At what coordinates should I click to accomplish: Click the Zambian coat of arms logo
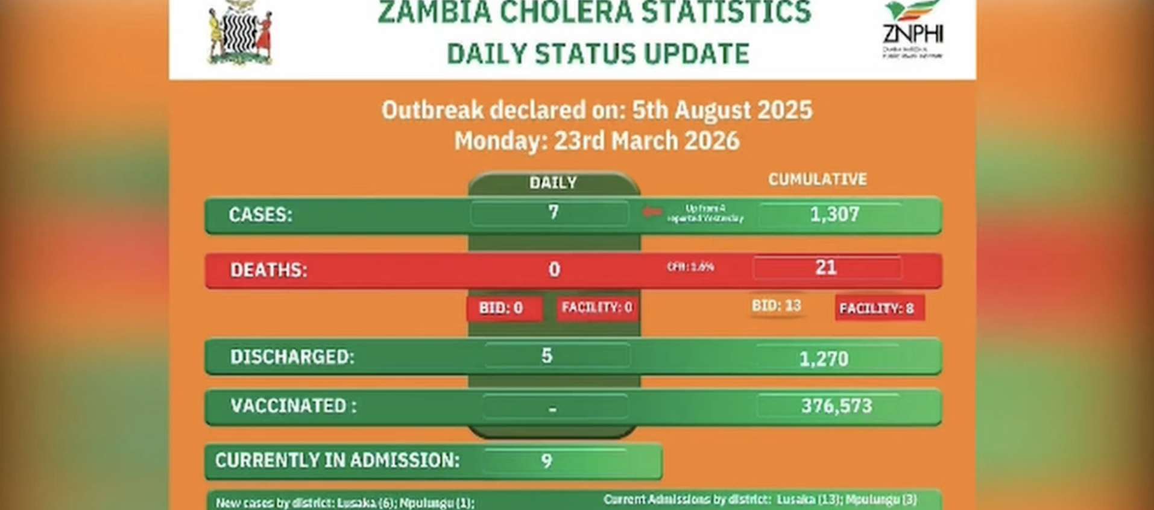pyautogui.click(x=240, y=33)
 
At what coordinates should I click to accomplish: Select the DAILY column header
pyautogui.click(x=553, y=183)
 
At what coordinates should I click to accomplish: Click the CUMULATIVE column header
pyautogui.click(x=817, y=179)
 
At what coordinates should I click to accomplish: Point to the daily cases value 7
pyautogui.click(x=553, y=213)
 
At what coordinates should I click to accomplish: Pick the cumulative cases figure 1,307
pyautogui.click(x=834, y=215)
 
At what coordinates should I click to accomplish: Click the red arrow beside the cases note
pyautogui.click(x=651, y=212)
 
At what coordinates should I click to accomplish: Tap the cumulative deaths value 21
pyautogui.click(x=825, y=268)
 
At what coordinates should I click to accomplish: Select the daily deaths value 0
pyautogui.click(x=554, y=269)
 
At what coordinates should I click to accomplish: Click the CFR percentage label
pyautogui.click(x=690, y=266)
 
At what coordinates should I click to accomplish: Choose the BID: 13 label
pyautogui.click(x=776, y=306)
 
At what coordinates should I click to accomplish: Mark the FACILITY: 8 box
pyautogui.click(x=878, y=308)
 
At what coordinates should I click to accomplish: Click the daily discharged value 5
pyautogui.click(x=547, y=356)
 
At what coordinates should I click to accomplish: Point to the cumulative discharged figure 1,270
pyautogui.click(x=824, y=359)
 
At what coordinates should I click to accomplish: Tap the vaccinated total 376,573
pyautogui.click(x=836, y=406)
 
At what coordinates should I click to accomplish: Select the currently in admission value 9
pyautogui.click(x=546, y=461)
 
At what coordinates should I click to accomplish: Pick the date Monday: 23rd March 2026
pyautogui.click(x=596, y=141)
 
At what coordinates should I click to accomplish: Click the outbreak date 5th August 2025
pyautogui.click(x=722, y=110)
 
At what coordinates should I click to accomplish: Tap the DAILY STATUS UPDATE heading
pyautogui.click(x=597, y=54)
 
